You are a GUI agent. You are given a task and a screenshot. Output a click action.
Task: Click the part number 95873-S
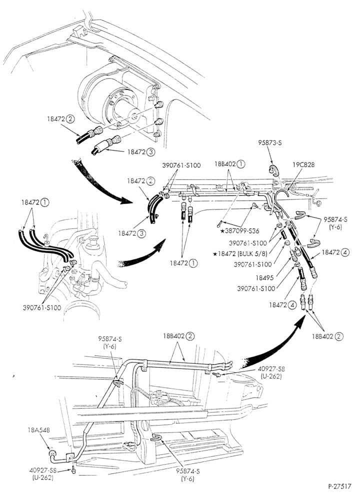point(270,143)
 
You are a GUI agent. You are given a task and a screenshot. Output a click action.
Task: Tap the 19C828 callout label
point(303,164)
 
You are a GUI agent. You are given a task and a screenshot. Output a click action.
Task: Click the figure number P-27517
point(339,486)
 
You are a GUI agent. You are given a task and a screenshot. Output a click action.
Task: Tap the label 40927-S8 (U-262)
point(271,372)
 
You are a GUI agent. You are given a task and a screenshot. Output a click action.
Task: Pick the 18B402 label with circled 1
point(229,164)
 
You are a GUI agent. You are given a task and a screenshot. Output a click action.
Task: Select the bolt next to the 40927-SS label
point(73,469)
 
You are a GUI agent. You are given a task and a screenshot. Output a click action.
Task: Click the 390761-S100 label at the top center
point(181,165)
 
